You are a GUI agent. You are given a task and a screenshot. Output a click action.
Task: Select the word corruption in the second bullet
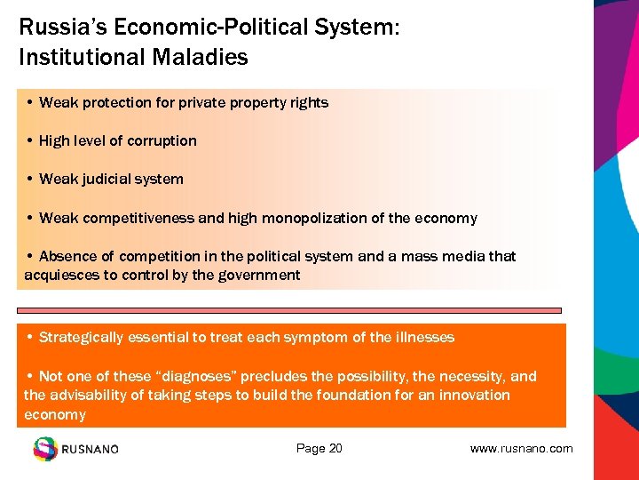pyautogui.click(x=162, y=141)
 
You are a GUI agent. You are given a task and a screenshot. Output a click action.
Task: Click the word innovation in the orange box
pyautogui.click(x=476, y=395)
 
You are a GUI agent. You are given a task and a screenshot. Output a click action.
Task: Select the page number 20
pyautogui.click(x=335, y=449)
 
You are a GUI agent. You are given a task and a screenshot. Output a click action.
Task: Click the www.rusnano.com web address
pyautogui.click(x=521, y=449)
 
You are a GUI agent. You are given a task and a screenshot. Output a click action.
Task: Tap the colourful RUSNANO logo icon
pyautogui.click(x=45, y=449)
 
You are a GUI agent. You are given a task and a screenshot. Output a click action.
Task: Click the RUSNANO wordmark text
pyautogui.click(x=90, y=450)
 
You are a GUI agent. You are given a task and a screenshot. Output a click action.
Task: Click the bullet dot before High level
pyautogui.click(x=30, y=141)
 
